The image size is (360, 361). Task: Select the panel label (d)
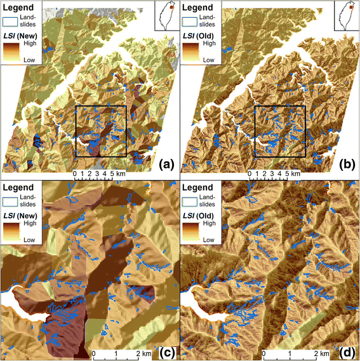[x=347, y=348]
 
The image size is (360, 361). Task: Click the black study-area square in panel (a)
[x=101, y=131]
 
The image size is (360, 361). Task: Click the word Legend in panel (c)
[x=20, y=189]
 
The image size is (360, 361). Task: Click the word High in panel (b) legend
[x=208, y=46]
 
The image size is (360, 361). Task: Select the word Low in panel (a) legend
[x=29, y=60]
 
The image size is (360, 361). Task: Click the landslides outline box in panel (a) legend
[x=12, y=20]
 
